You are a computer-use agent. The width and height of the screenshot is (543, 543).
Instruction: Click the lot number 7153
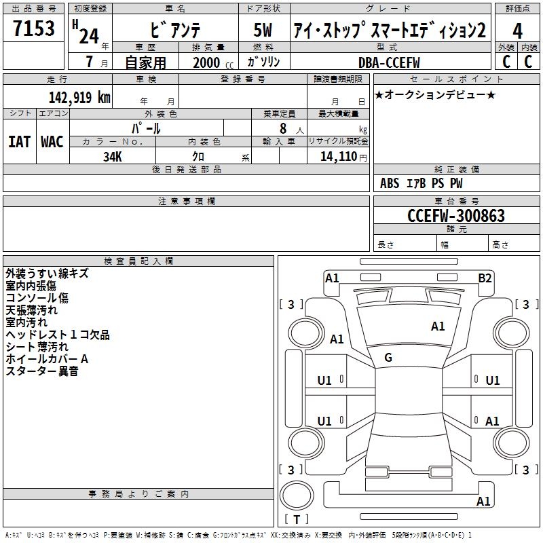pyautogui.click(x=35, y=29)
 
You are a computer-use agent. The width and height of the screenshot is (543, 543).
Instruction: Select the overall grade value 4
pyautogui.click(x=518, y=31)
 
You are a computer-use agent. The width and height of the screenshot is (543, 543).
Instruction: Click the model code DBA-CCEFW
pyautogui.click(x=389, y=62)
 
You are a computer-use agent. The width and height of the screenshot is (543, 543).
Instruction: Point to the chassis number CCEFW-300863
pyautogui.click(x=456, y=216)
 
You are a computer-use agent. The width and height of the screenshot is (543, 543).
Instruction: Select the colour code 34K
pyautogui.click(x=113, y=156)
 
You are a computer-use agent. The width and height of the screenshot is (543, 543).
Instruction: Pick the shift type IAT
pyautogui.click(x=20, y=142)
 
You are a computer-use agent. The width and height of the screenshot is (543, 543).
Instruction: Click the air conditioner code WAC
pyautogui.click(x=52, y=142)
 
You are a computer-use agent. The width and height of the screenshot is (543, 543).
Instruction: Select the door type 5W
pyautogui.click(x=264, y=31)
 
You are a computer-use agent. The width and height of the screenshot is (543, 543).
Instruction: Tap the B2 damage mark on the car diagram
pyautogui.click(x=485, y=278)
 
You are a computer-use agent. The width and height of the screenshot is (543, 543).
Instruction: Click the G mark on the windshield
pyautogui.click(x=388, y=358)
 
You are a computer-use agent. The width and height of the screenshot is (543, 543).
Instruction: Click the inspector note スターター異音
pyautogui.click(x=42, y=371)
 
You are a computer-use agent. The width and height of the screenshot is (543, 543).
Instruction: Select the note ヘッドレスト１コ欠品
pyautogui.click(x=57, y=335)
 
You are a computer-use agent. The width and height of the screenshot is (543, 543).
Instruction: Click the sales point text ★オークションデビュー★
pyautogui.click(x=434, y=94)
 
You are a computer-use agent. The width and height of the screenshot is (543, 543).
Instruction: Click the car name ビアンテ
pyautogui.click(x=175, y=31)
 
